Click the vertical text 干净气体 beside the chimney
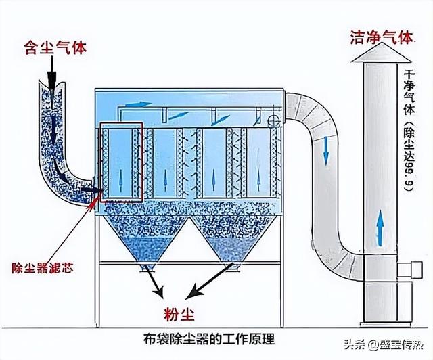tap(407, 92)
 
